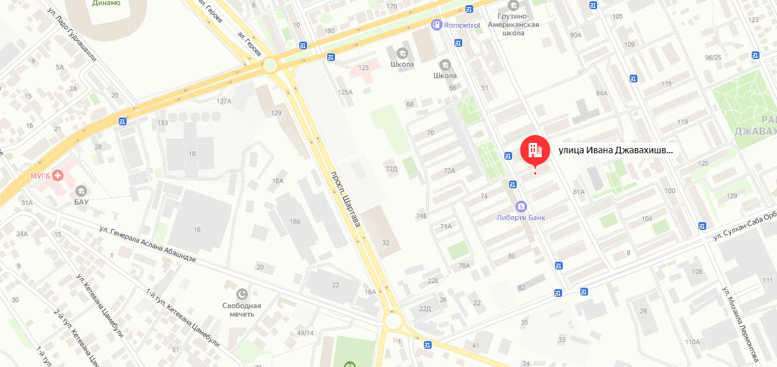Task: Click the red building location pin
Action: click(535, 151)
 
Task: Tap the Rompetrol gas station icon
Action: click(436, 25)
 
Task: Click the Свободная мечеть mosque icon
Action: click(243, 294)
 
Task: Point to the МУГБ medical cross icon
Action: click(58, 175)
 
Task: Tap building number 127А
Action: click(224, 101)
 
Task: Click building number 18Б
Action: click(295, 221)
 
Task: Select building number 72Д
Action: click(391, 169)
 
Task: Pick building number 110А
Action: click(692, 342)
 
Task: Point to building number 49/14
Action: click(305, 333)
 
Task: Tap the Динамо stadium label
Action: click(106, 3)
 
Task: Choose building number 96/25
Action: click(713, 57)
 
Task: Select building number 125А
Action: click(345, 92)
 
